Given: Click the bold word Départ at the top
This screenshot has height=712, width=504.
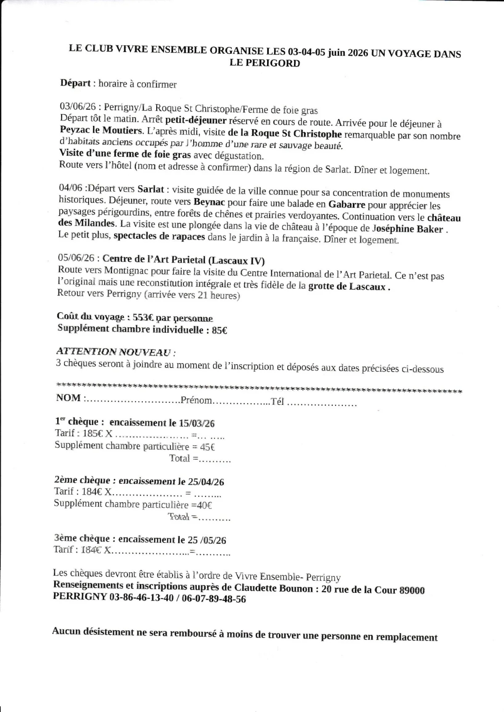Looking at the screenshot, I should tap(76, 83).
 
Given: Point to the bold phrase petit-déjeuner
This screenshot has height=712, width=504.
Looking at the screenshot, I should tap(196, 120).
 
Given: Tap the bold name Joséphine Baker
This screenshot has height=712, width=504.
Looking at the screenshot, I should tap(407, 229).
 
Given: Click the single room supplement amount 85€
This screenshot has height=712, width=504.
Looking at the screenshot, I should tap(219, 330).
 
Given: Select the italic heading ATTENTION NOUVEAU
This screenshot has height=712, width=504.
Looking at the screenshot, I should tap(114, 352).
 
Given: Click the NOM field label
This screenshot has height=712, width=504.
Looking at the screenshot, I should tap(68, 398).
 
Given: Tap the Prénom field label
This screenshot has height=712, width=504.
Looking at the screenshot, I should tap(196, 400).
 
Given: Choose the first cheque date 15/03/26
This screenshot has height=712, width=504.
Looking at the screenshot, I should tap(197, 423).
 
